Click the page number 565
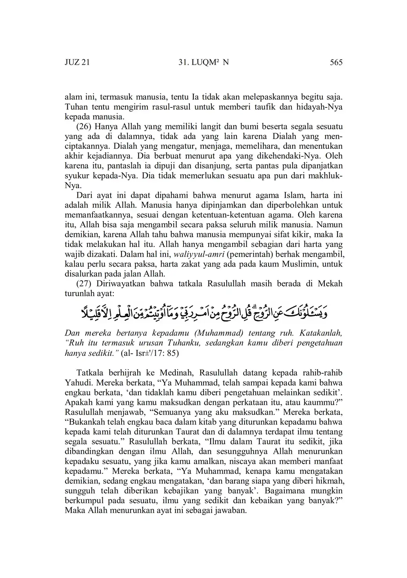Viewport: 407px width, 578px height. point(336,62)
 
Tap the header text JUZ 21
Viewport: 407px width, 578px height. point(77,62)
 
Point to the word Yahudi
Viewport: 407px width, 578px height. point(77,382)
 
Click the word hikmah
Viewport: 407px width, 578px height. point(329,480)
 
